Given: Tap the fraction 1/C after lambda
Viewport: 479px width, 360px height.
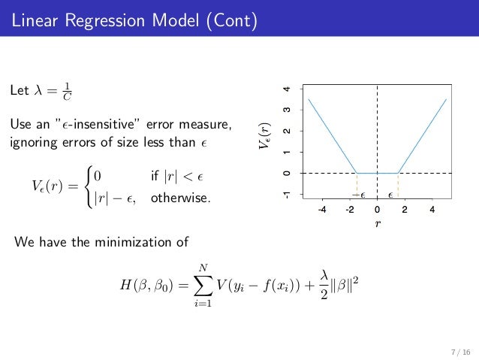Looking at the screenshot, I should coord(67,92).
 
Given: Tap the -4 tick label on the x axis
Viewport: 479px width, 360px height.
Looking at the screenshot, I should coord(321,210).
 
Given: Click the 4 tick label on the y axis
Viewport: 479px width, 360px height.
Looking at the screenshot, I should coord(286,89).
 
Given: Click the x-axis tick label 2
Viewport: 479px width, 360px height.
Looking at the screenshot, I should coord(405,210).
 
